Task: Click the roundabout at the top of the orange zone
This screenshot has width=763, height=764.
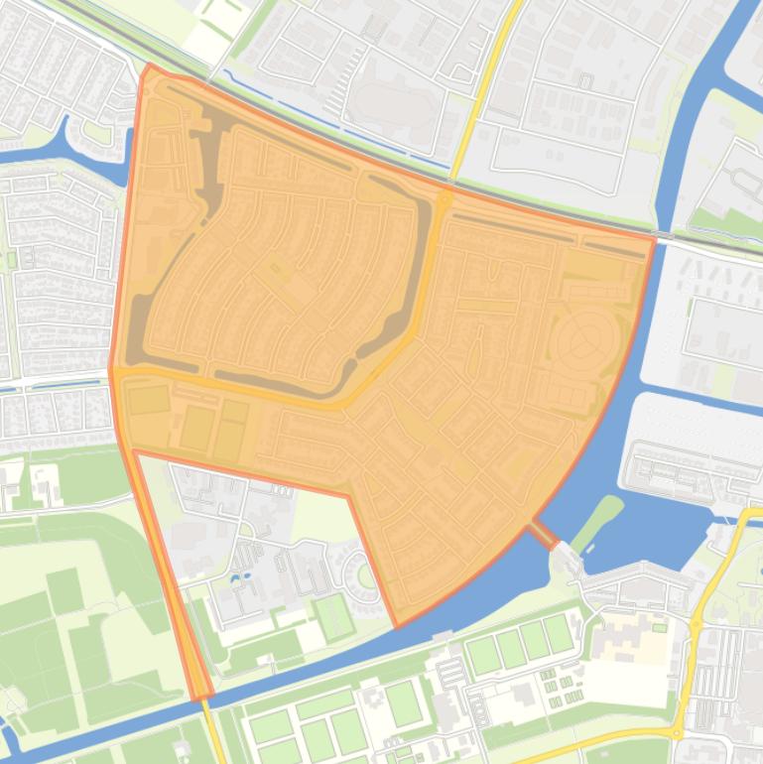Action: tap(444, 198)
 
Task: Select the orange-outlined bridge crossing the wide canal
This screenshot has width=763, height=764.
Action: tap(542, 535)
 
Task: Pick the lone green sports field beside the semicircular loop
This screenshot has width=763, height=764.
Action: tap(334, 616)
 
